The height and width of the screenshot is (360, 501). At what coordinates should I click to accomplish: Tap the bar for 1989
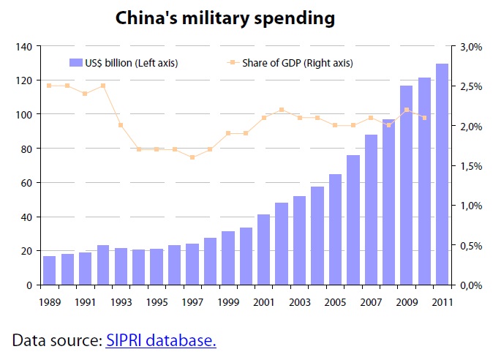[50, 270]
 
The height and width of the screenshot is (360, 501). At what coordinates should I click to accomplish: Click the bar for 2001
[263, 249]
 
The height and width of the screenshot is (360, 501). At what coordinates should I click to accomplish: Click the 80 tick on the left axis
[25, 149]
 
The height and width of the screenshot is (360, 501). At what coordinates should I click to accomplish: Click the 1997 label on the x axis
[192, 302]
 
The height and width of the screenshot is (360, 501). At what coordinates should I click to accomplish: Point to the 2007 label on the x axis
[370, 302]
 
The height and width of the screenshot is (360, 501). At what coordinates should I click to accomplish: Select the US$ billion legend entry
[124, 63]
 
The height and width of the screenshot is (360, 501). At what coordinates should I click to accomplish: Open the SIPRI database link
[161, 340]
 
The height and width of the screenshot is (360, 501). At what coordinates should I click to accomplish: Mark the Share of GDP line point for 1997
[192, 157]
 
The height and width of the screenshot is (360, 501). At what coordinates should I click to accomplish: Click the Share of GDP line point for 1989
[50, 86]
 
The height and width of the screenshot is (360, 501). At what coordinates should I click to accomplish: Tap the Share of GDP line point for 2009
[406, 110]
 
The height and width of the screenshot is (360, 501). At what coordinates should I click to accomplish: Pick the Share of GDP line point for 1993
[121, 125]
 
